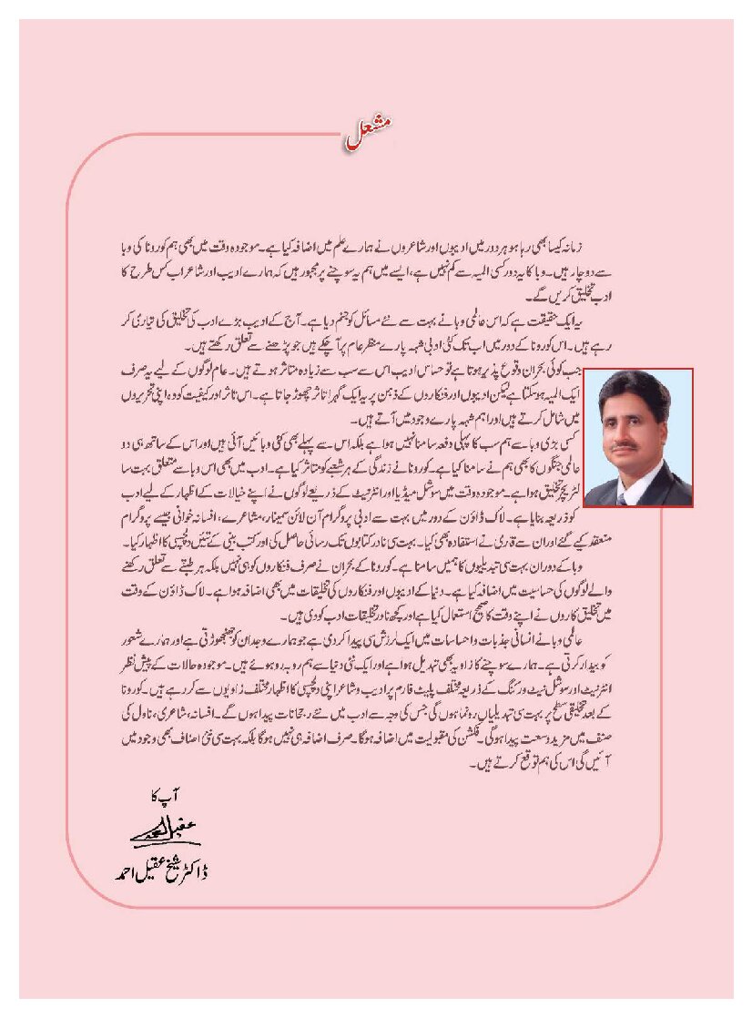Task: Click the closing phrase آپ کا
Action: tap(164, 795)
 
